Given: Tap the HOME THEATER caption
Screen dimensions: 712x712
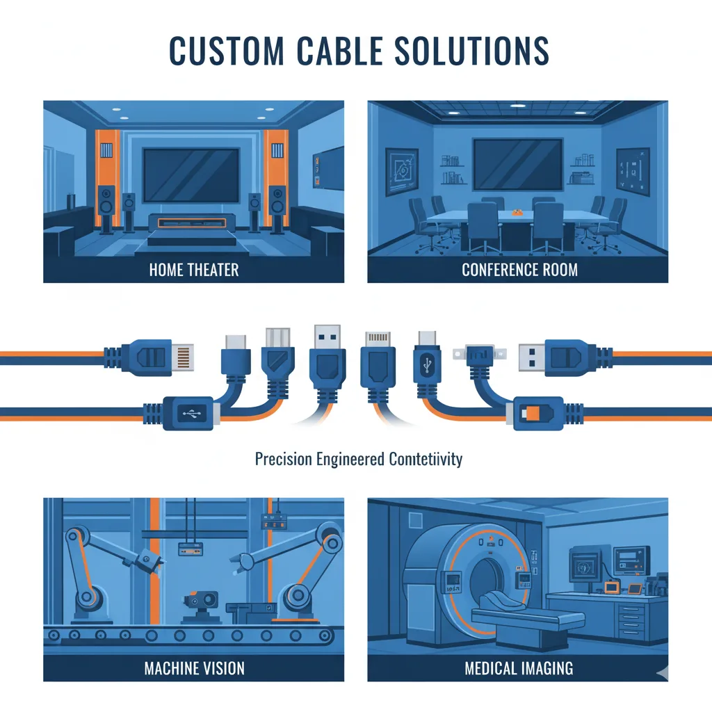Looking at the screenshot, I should tap(194, 270).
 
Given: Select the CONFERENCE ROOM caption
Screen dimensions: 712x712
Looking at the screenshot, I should tap(519, 270).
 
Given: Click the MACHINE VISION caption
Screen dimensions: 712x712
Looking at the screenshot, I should tap(194, 669).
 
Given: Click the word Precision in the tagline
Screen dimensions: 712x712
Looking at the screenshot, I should tap(284, 460).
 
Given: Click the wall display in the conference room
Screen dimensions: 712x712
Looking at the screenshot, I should tap(518, 163).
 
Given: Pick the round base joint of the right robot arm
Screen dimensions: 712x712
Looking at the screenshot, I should tap(298, 595).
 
